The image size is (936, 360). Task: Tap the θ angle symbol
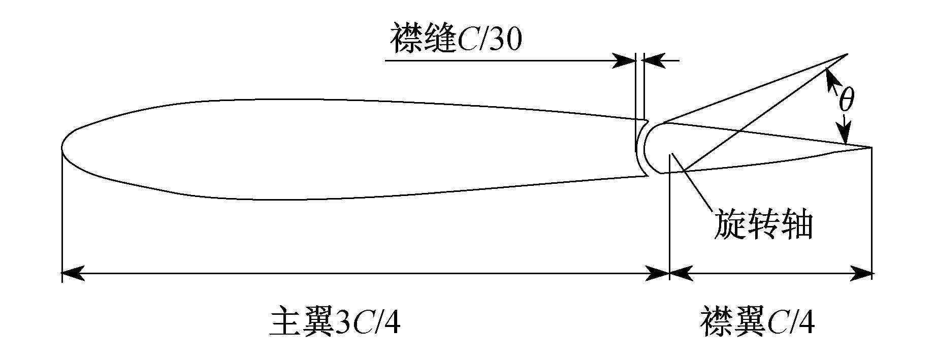pos(846,100)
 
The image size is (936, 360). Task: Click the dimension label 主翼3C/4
pos(335,320)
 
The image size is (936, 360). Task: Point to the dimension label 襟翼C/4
pos(758,320)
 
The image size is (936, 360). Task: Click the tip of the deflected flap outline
pos(848,54)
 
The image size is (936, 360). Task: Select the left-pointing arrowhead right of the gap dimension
pos(654,61)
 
